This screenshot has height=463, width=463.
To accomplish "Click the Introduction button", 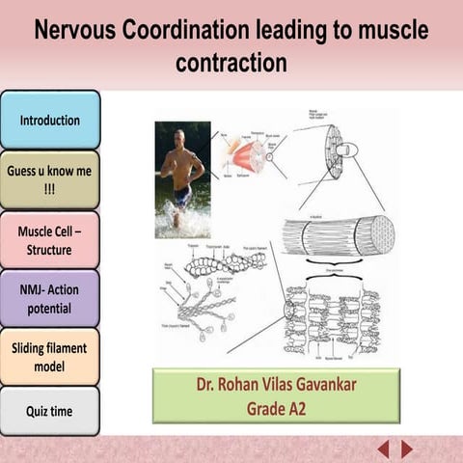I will [x=50, y=121].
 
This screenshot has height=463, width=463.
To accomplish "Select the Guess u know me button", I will [x=50, y=179].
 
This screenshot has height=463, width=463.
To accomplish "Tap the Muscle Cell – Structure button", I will [x=50, y=240].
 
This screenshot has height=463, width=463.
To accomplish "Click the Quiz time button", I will [x=50, y=411].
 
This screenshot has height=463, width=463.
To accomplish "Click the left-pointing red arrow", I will [x=383, y=449].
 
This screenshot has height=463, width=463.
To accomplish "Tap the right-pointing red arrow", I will [x=407, y=449].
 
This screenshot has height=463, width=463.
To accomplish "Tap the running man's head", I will [x=179, y=136].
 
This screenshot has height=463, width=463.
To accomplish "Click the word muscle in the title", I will [x=378, y=30].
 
